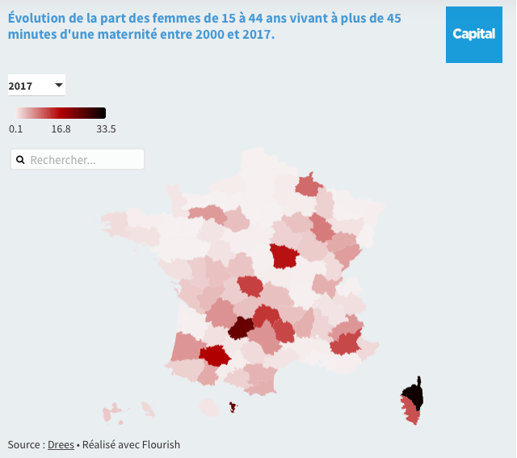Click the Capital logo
(473, 34)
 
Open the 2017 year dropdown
(36, 86)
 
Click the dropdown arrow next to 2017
(59, 85)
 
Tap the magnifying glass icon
(20, 160)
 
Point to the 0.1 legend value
(15, 128)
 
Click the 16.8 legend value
(61, 128)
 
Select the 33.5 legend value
(106, 128)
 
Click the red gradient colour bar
(61, 113)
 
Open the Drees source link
(61, 444)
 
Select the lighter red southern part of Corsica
(411, 415)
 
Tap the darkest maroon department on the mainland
(240, 328)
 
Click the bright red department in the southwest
(215, 355)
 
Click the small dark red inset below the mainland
(233, 407)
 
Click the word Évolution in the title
(36, 18)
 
